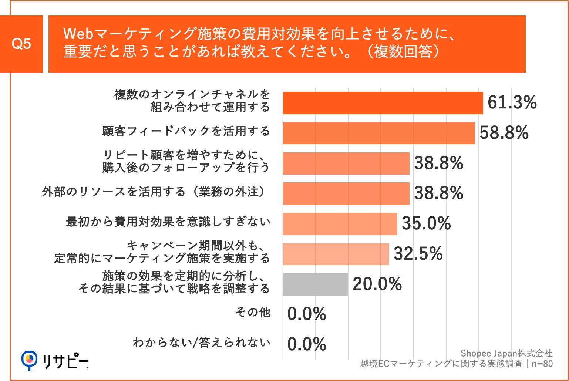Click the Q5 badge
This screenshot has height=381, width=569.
(21, 44)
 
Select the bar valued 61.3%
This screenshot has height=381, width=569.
(383, 103)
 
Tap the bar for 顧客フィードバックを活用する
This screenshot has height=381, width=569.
(378, 133)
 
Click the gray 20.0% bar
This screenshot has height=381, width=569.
(315, 284)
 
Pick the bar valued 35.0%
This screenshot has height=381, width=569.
(340, 224)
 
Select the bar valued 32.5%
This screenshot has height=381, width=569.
(336, 254)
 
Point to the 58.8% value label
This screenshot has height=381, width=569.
(504, 133)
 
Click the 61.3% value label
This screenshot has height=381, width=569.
(512, 102)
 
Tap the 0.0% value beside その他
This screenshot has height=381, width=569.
(307, 314)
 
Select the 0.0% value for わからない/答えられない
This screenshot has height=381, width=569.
(307, 344)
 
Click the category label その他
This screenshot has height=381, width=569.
(253, 313)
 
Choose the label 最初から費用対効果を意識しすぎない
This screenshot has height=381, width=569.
(168, 222)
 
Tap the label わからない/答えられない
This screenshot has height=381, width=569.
(202, 343)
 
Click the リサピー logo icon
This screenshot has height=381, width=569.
(29, 360)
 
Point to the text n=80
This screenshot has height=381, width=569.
(542, 364)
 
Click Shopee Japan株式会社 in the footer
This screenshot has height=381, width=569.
(506, 353)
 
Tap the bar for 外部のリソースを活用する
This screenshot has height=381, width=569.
(346, 193)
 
